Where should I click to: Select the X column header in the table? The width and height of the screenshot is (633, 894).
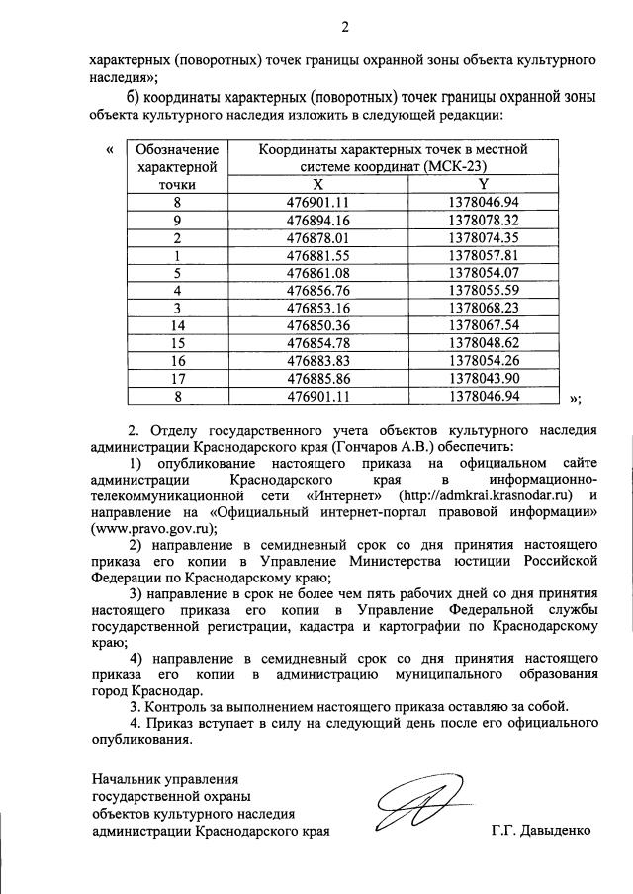click(x=317, y=184)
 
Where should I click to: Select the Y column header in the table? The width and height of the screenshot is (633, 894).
click(x=484, y=184)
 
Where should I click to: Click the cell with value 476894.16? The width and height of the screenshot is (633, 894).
click(x=317, y=219)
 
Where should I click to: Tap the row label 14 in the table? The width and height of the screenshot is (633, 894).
click(x=177, y=324)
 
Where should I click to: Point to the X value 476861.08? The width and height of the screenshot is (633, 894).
click(x=317, y=272)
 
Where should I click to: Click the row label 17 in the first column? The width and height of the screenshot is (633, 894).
click(x=177, y=378)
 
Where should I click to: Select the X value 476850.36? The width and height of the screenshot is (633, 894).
click(x=317, y=324)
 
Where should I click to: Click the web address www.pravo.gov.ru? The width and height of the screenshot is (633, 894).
click(x=151, y=529)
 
